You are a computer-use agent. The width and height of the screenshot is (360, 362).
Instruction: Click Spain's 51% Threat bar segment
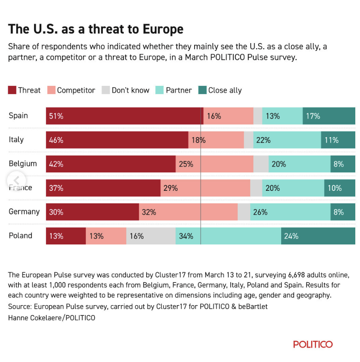click(x=124, y=116)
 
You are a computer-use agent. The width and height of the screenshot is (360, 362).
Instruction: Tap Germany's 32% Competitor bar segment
click(x=188, y=212)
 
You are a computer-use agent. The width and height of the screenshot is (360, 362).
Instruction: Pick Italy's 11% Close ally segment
click(x=338, y=140)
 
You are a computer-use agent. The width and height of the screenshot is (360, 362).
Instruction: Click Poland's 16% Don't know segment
click(x=151, y=236)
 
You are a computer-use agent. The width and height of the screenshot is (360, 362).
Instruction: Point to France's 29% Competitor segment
click(x=205, y=188)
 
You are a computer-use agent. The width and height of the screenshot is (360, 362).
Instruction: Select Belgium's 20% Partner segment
click(x=300, y=164)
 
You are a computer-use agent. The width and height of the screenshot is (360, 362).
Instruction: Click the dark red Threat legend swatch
click(x=12, y=90)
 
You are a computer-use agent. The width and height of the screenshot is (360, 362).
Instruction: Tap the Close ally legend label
click(x=225, y=90)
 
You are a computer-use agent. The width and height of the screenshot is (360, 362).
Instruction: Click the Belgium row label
click(x=23, y=164)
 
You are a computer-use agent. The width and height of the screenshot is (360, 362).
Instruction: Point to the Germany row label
click(x=24, y=212)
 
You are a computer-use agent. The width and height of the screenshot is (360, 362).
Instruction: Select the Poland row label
click(x=20, y=235)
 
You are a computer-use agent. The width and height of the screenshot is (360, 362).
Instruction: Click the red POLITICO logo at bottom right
click(x=313, y=344)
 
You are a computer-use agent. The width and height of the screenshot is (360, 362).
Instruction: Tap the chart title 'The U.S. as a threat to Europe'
click(x=96, y=29)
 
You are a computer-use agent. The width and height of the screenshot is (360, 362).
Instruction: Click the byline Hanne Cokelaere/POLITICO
click(x=51, y=318)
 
